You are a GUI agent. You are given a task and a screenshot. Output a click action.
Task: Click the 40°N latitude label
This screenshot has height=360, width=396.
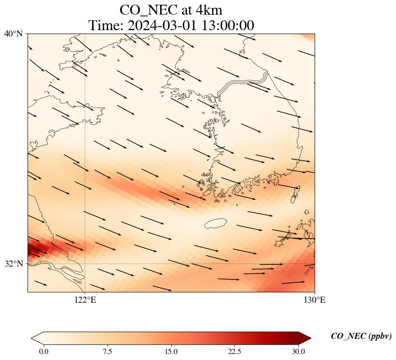pyautogui.click(x=13, y=34)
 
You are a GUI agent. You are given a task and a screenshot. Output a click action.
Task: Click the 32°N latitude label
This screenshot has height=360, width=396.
pyautogui.click(x=13, y=264)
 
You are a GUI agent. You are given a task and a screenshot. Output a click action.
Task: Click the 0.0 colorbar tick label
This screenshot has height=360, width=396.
pyautogui.click(x=44, y=351)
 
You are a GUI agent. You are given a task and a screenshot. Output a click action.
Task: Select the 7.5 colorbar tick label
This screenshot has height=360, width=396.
pyautogui.click(x=108, y=351)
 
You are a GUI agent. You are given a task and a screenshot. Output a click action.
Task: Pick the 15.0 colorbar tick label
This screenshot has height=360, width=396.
pyautogui.click(x=171, y=351)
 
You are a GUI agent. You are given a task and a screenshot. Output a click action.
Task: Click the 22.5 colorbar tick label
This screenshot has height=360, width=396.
pyautogui.click(x=235, y=351)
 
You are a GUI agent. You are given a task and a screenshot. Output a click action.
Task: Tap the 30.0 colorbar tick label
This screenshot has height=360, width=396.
pyautogui.click(x=298, y=351)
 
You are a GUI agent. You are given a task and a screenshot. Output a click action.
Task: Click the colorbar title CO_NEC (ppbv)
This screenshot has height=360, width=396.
pyautogui.click(x=361, y=336)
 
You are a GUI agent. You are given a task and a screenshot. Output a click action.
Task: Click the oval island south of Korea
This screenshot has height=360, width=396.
pyautogui.click(x=216, y=223)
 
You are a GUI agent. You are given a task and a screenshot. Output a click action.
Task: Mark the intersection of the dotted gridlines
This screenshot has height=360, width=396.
pyautogui.click(x=85, y=264)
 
